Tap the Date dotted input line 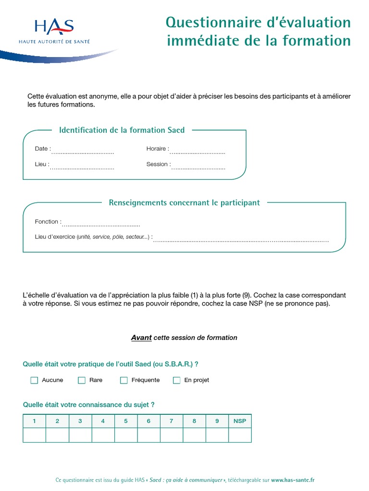[82, 152]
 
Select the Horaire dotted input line [197, 152]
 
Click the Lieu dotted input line [82, 168]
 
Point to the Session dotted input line [198, 168]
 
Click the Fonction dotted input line [101, 225]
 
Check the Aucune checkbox [34, 380]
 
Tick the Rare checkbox [82, 380]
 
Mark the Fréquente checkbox [124, 380]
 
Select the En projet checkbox [177, 380]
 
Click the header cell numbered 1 [34, 421]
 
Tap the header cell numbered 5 [126, 421]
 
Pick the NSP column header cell [240, 421]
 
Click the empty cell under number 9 [217, 435]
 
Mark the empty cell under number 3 [80, 435]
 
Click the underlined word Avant [141, 338]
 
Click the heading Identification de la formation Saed [122, 130]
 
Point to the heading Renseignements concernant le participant [184, 203]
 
